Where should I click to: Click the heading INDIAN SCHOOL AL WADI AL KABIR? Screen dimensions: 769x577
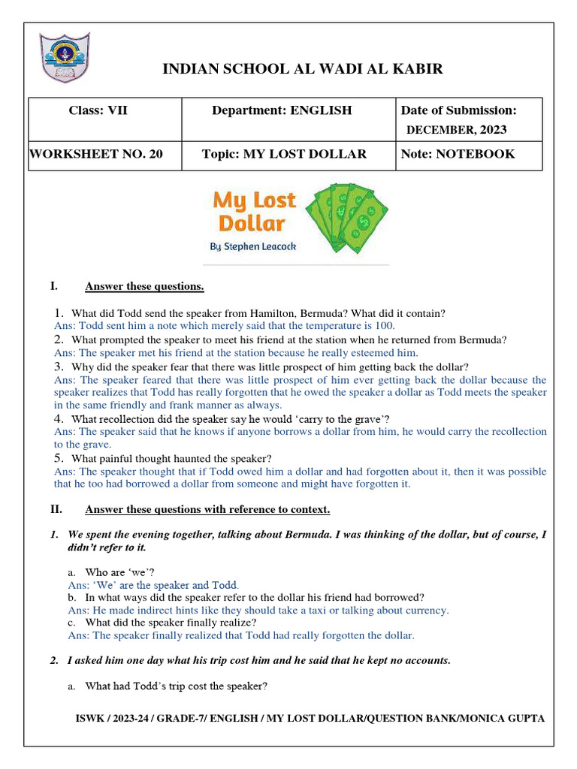click(303, 69)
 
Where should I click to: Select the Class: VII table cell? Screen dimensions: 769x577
click(98, 111)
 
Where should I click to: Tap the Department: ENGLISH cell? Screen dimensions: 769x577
click(282, 111)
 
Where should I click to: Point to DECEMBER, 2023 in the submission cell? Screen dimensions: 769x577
click(456, 130)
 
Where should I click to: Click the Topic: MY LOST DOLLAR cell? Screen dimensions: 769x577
click(284, 154)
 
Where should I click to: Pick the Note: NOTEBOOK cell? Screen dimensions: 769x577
click(458, 154)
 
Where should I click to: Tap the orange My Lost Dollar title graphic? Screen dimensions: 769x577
click(254, 212)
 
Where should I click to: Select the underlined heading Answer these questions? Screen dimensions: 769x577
click(144, 287)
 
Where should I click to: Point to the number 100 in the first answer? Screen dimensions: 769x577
click(385, 326)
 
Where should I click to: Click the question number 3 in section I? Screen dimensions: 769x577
click(58, 366)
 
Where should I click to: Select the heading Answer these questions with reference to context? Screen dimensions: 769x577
click(207, 510)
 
